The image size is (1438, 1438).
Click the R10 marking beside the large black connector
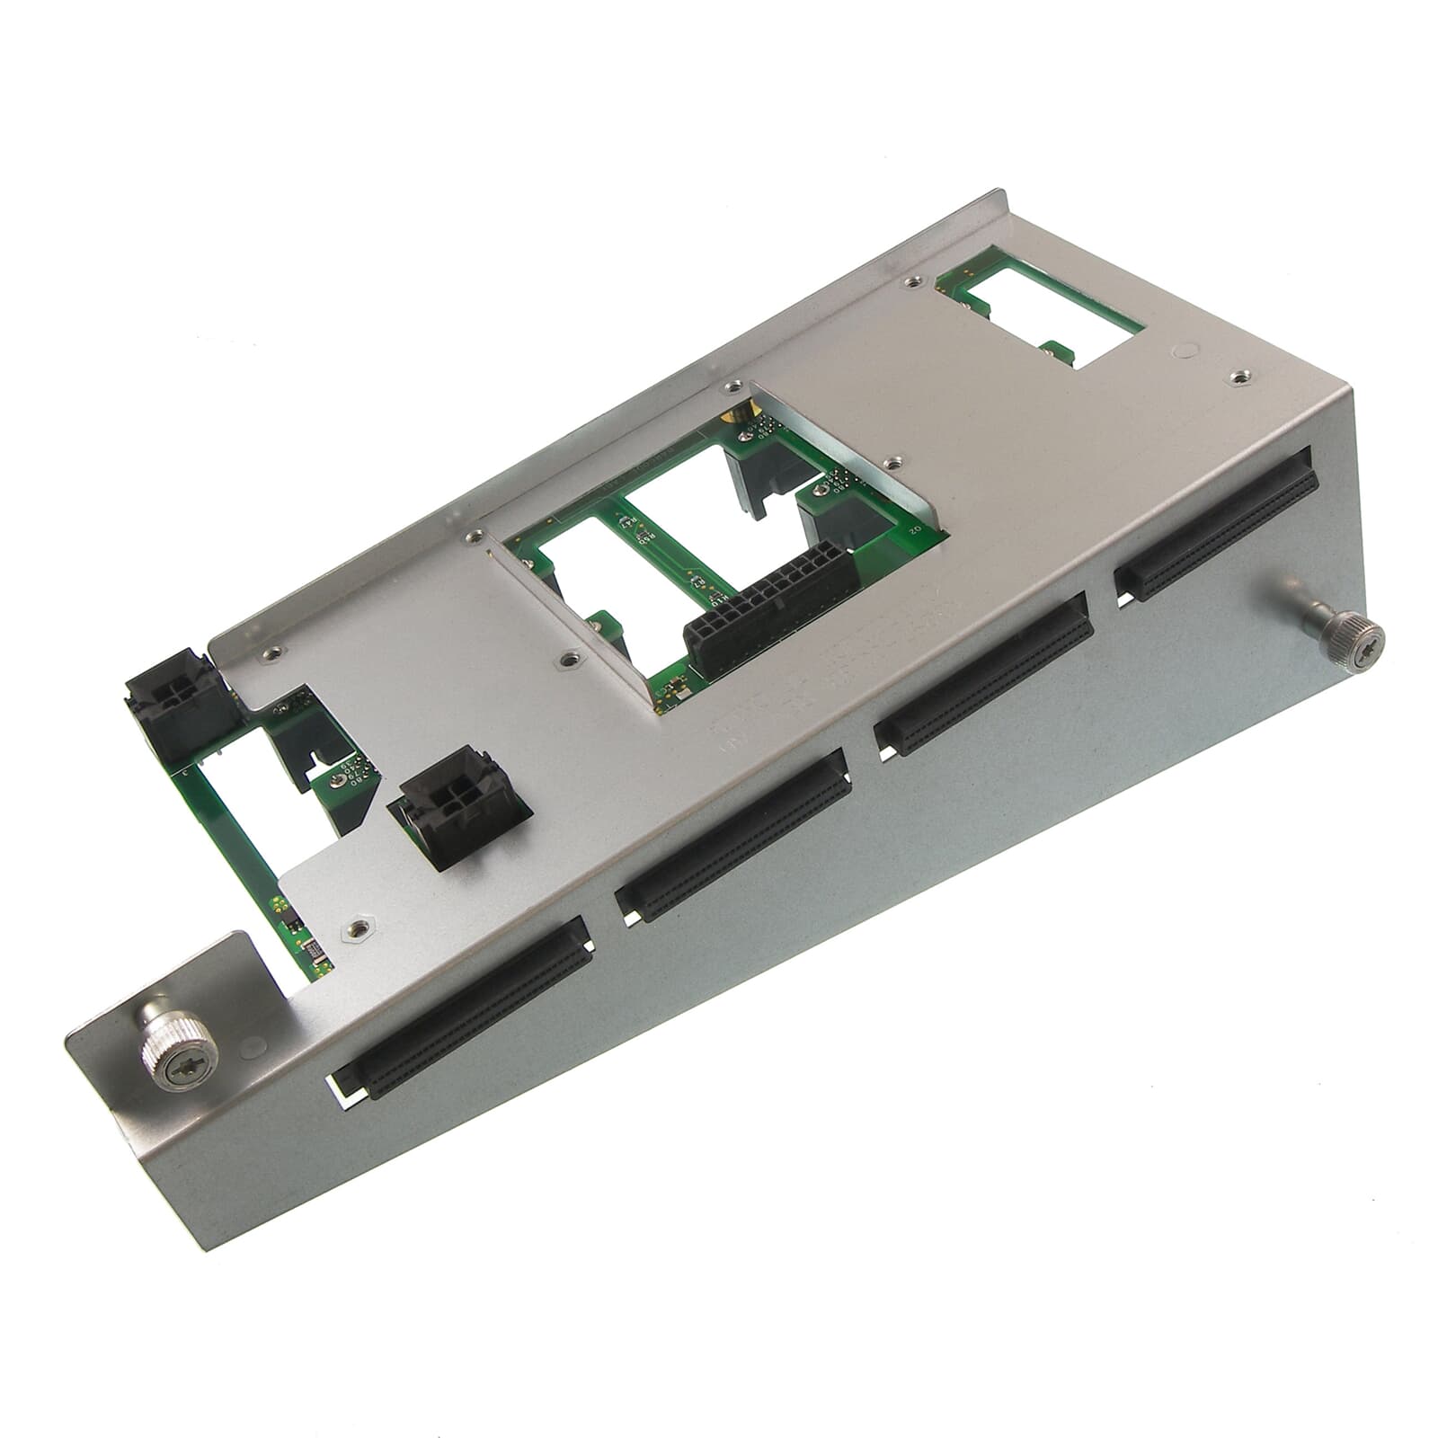717,596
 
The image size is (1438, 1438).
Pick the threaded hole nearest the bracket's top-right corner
1241,377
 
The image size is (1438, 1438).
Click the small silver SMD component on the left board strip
307,946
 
